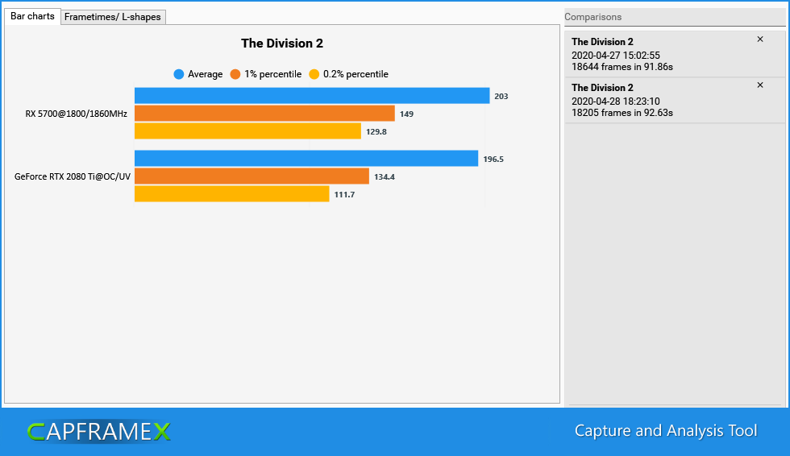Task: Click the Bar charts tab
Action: pyautogui.click(x=32, y=16)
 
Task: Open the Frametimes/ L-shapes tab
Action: pyautogui.click(x=113, y=17)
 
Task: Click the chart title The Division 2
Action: pyautogui.click(x=282, y=44)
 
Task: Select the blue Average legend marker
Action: pyautogui.click(x=179, y=74)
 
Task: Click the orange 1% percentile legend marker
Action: pyautogui.click(x=235, y=74)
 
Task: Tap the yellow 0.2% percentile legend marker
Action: pyautogui.click(x=314, y=74)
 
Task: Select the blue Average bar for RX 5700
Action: pyautogui.click(x=312, y=96)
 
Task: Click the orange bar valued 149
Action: pyautogui.click(x=264, y=114)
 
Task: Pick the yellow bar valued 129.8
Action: pyautogui.click(x=247, y=131)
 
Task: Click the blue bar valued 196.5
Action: pyautogui.click(x=306, y=159)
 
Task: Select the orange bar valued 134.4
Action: pyautogui.click(x=252, y=176)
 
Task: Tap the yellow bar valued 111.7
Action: pyautogui.click(x=231, y=194)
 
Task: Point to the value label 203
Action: pyautogui.click(x=501, y=97)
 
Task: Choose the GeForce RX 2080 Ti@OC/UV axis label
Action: pyautogui.click(x=73, y=176)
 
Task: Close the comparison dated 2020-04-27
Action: pyautogui.click(x=760, y=39)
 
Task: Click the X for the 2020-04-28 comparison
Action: pyautogui.click(x=760, y=85)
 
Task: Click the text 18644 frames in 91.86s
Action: pyautogui.click(x=622, y=67)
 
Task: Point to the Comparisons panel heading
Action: pyautogui.click(x=593, y=17)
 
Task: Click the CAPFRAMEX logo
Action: pyautogui.click(x=98, y=432)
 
